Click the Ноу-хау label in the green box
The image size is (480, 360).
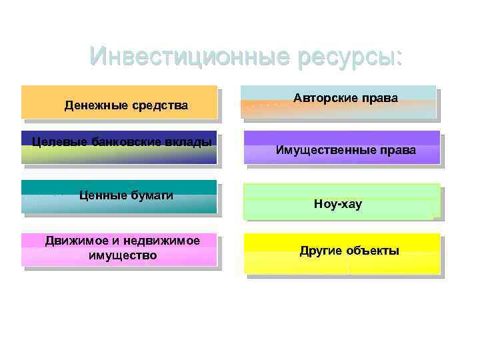338,204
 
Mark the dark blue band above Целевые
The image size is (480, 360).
119,133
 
